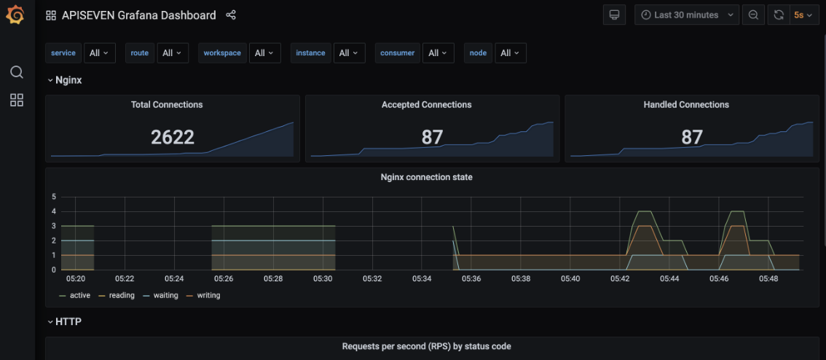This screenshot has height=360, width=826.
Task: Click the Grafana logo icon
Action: tap(15, 15)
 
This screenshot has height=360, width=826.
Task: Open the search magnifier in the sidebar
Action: tap(16, 72)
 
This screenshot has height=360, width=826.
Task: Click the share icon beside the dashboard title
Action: tap(231, 15)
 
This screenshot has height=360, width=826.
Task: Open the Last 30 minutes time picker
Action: tap(687, 15)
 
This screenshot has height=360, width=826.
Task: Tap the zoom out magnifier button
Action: tap(753, 15)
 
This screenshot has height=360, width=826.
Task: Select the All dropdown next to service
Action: tap(99, 52)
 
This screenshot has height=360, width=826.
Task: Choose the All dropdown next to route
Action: tap(172, 52)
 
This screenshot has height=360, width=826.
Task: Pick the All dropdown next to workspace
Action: tap(264, 52)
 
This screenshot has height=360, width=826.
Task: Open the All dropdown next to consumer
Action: tap(438, 52)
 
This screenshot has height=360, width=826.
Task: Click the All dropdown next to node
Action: tap(510, 52)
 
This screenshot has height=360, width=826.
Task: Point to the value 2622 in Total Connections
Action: tap(173, 137)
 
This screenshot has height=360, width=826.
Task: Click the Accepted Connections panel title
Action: tap(426, 105)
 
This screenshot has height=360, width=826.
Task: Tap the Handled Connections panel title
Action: tap(686, 105)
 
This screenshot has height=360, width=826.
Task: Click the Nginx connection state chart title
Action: tap(426, 177)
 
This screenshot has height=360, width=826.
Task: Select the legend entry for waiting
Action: tap(166, 295)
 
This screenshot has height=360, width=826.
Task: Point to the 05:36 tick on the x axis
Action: tap(471, 278)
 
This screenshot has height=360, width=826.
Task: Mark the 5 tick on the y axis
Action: tap(53, 197)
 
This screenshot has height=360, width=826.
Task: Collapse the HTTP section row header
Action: tap(68, 321)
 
